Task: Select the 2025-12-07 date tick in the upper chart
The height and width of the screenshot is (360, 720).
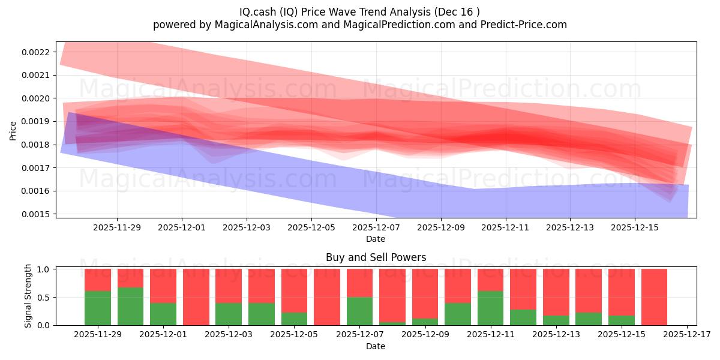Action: pos(376,227)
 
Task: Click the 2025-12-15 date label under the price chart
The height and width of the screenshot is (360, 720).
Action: pos(635,227)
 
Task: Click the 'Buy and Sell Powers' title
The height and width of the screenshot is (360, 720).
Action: pos(376,257)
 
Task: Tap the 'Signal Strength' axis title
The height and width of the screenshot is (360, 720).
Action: pos(28,297)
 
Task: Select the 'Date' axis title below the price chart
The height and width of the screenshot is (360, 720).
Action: pos(376,239)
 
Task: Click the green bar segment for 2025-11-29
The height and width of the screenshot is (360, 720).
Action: pos(98,308)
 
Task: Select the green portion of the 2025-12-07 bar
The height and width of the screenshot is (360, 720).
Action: pos(359,311)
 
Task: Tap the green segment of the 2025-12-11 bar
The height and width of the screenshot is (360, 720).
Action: pos(490,308)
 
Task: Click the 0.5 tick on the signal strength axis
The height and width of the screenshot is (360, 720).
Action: pos(46,297)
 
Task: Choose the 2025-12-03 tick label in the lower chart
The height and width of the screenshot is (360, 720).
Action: pos(229,335)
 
